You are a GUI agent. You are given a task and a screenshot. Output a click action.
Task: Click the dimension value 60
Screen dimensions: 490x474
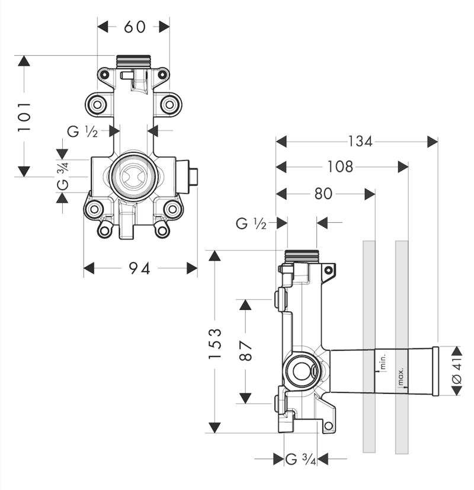(x=134, y=27)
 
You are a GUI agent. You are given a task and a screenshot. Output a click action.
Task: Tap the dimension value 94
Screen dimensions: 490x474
(x=140, y=268)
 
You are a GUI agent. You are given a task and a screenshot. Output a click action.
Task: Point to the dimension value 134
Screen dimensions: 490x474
(x=360, y=142)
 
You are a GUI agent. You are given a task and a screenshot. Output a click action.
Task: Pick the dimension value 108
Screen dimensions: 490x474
(x=340, y=167)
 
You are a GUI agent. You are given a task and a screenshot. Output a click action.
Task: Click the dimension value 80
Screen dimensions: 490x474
(x=323, y=194)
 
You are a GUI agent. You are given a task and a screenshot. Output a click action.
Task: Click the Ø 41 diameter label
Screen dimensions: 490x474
(x=457, y=371)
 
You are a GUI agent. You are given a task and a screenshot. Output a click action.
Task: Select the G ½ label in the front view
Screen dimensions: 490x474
(x=82, y=132)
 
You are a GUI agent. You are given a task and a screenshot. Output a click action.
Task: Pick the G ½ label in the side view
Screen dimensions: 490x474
(x=251, y=223)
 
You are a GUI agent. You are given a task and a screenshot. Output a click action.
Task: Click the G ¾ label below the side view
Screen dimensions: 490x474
(x=300, y=459)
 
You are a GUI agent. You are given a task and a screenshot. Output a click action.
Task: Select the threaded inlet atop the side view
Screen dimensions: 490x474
(x=301, y=256)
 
